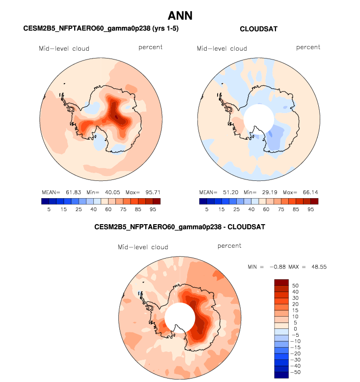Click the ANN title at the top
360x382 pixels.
point(180,16)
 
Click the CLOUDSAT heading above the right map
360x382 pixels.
point(258,29)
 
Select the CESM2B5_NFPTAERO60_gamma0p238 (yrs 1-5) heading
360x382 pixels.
point(101,29)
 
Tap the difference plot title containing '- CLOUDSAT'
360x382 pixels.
point(180,227)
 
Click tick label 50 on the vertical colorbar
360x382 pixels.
point(295,285)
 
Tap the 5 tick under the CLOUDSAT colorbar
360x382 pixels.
point(206,209)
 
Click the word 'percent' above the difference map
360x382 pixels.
point(229,246)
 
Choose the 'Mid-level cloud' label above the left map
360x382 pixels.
point(64,49)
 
